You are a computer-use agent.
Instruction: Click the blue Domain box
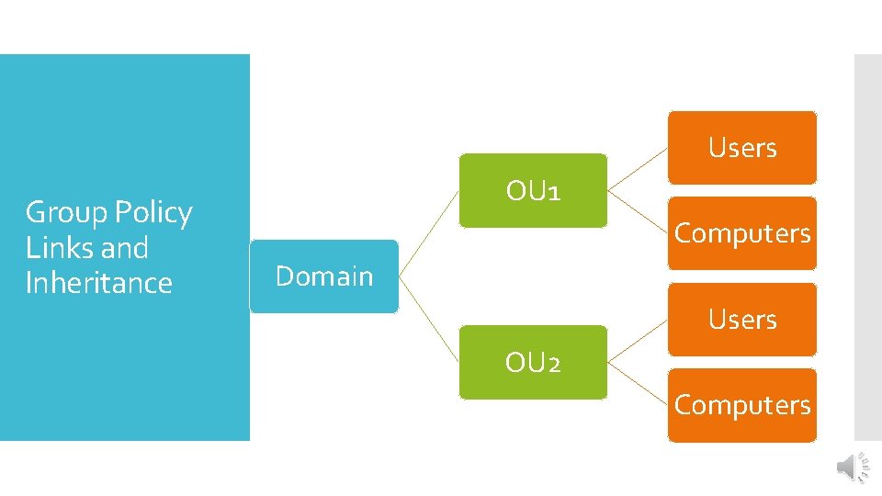(x=323, y=276)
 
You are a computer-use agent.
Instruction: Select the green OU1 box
(x=533, y=191)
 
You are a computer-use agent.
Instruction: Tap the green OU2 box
(x=533, y=363)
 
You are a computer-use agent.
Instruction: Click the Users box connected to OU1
(x=741, y=148)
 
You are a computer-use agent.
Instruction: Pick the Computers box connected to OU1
(x=741, y=233)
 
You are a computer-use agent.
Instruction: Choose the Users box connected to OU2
(x=741, y=320)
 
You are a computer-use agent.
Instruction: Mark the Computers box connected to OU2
(x=741, y=405)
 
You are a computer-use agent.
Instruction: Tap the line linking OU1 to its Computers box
(x=638, y=212)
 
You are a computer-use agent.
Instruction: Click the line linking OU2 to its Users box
(x=638, y=341)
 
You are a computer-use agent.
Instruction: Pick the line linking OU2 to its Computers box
(x=638, y=384)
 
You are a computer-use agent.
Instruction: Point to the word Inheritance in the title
(x=98, y=283)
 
